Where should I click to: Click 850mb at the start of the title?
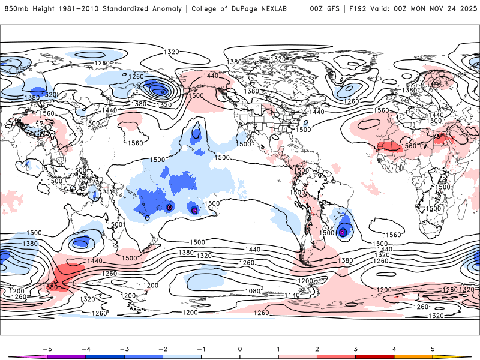pos(14,9)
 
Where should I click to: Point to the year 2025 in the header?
pos(466,9)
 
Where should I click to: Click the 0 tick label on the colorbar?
pos(240,348)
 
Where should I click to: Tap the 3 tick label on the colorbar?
pos(356,348)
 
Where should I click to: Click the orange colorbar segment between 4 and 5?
pos(413,356)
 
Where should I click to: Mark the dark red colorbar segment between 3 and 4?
pos(375,356)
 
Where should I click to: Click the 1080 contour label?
pos(253,291)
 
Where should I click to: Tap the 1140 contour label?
pos(292,295)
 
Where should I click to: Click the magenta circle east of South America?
pos(343,232)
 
